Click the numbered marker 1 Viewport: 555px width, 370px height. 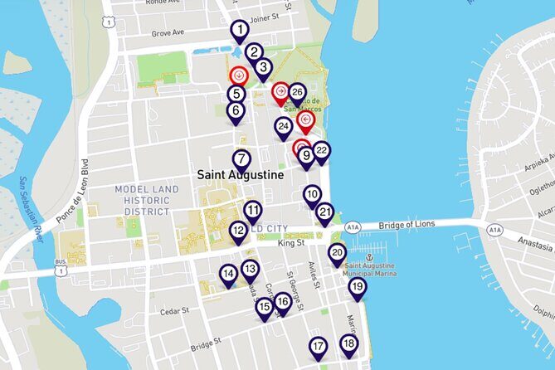click(239, 32)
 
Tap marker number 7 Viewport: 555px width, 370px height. click(241, 159)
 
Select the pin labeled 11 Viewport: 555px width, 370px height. click(253, 211)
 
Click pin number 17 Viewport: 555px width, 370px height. click(319, 346)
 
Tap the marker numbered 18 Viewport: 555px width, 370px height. click(348, 343)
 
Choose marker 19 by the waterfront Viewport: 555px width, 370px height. click(357, 287)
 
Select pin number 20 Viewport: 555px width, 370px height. click(337, 253)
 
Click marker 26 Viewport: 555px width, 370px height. click(297, 93)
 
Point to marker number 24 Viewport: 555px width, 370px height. click(284, 127)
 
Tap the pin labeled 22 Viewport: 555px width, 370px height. click(321, 150)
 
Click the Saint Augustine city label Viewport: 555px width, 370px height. click(240, 176)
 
